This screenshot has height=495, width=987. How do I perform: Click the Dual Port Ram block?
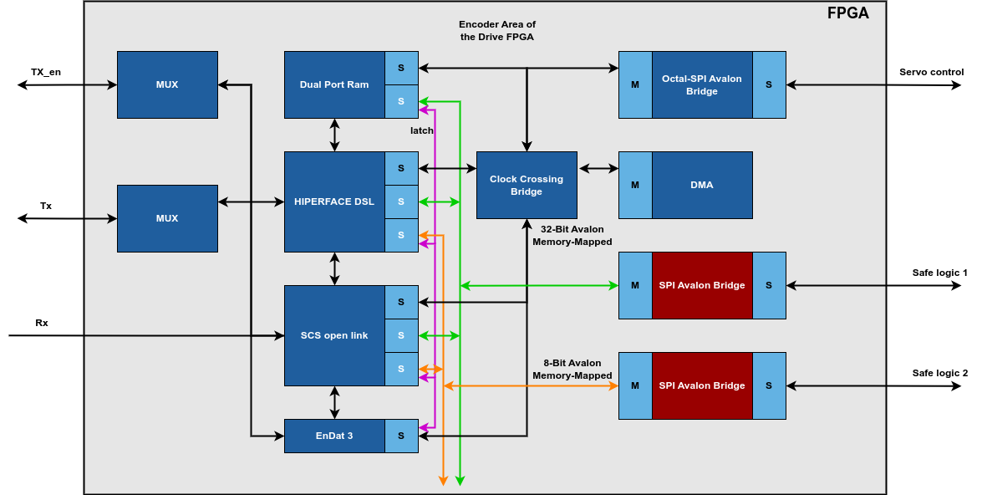pos(334,84)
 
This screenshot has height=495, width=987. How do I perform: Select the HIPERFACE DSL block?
pos(334,202)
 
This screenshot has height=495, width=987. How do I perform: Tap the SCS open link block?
pos(334,335)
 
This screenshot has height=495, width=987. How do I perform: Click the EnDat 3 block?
pos(334,436)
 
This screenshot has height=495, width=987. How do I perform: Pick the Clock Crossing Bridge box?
pos(527,185)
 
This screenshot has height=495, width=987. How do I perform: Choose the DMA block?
pos(702,185)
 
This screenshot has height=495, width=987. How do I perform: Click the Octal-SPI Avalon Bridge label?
pos(702,84)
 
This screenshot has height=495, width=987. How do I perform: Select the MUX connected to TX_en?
pos(167,84)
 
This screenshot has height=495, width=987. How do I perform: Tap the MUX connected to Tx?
pos(167,218)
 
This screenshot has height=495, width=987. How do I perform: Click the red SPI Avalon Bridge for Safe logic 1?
pos(702,285)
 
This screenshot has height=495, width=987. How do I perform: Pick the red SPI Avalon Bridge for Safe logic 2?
pos(702,385)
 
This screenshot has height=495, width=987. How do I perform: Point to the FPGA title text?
pos(847,13)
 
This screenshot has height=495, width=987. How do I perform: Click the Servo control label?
pos(931,72)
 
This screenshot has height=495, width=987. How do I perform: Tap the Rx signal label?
pos(42,323)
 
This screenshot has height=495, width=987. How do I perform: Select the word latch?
pos(421,130)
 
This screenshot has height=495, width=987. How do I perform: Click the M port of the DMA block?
pos(635,185)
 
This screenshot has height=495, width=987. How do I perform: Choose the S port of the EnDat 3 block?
pos(401,436)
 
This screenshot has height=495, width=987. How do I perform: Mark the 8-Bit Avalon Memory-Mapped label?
pos(572,369)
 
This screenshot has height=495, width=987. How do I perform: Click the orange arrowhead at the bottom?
pos(443,481)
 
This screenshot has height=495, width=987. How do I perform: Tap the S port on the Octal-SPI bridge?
pos(769,84)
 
